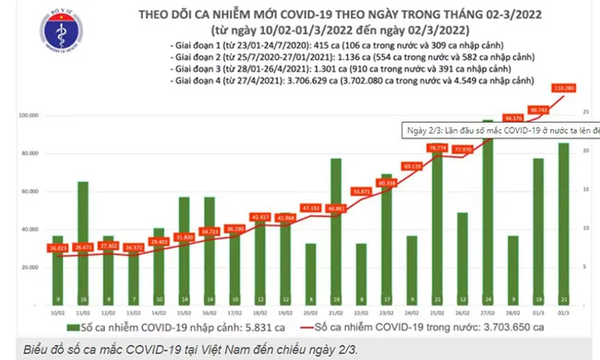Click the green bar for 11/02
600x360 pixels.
(x=83, y=240)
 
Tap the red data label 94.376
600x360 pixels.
(x=514, y=117)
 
